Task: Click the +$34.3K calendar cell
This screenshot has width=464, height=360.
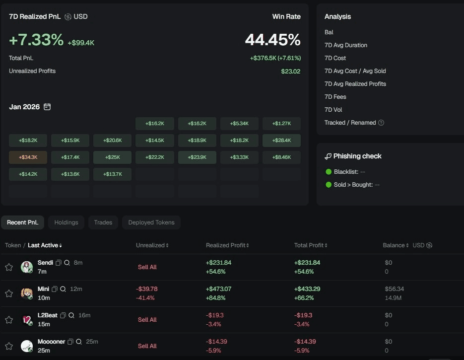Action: coord(28,157)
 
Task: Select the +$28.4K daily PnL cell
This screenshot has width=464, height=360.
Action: coord(281,141)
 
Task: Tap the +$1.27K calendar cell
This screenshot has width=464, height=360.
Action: coord(281,124)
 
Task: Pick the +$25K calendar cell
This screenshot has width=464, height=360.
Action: coord(112,157)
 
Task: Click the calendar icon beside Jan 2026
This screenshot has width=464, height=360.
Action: coord(47,107)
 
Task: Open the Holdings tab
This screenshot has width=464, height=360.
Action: coord(66,222)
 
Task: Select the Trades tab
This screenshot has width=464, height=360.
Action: coord(103,222)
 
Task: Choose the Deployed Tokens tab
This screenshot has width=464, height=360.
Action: coord(151,222)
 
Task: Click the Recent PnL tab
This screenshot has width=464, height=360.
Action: coord(22,222)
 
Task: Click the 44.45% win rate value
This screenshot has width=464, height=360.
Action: coord(272,40)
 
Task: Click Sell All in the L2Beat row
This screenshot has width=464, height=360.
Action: coord(147,320)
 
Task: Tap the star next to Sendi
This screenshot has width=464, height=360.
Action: coord(9,267)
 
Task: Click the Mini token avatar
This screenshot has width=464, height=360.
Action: coord(27,293)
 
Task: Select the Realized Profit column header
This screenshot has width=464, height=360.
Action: coord(225,245)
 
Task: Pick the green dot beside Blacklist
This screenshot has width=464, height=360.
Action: coord(329,172)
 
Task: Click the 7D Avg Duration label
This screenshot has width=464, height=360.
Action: coord(346,45)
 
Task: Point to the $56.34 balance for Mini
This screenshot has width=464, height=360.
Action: coord(394,288)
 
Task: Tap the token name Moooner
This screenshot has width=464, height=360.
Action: coord(51,342)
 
